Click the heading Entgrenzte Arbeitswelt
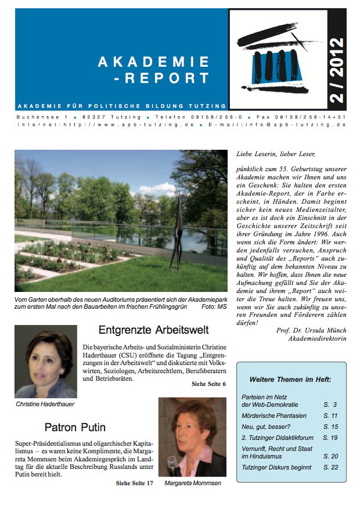(153, 330)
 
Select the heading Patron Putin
(75, 428)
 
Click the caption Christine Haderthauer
(45, 404)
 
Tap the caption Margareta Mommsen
(192, 483)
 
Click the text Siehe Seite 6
(208, 384)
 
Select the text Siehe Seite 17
(134, 483)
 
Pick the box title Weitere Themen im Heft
(290, 379)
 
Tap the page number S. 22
(330, 467)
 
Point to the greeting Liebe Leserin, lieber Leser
(275, 154)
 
